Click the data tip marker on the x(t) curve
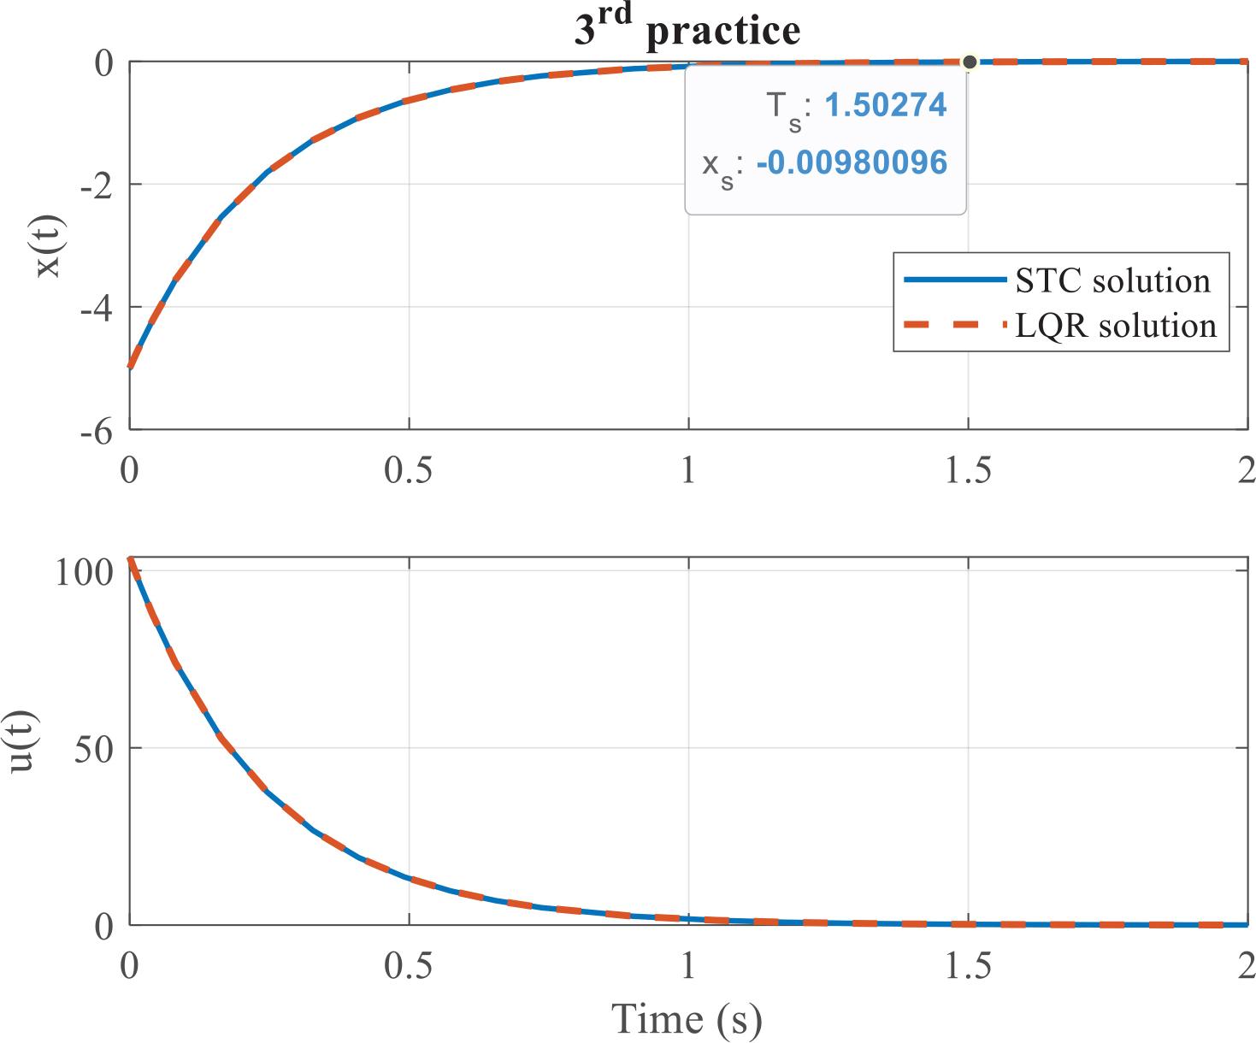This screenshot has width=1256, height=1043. [x=970, y=62]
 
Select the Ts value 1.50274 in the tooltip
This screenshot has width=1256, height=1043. [x=886, y=105]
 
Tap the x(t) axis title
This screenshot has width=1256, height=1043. [x=49, y=246]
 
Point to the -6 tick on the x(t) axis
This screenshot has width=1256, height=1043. [x=96, y=432]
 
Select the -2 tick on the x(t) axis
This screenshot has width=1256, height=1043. [x=96, y=186]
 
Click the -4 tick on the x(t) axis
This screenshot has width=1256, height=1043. [x=96, y=308]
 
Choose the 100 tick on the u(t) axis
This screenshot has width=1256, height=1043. [x=84, y=572]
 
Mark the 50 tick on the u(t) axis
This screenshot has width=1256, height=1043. [x=94, y=750]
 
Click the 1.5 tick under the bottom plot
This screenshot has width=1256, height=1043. [x=968, y=966]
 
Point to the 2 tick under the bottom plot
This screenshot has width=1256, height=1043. [x=1245, y=966]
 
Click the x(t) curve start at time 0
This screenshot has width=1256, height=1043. [x=130, y=367]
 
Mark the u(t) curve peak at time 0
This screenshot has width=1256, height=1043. [x=130, y=559]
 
